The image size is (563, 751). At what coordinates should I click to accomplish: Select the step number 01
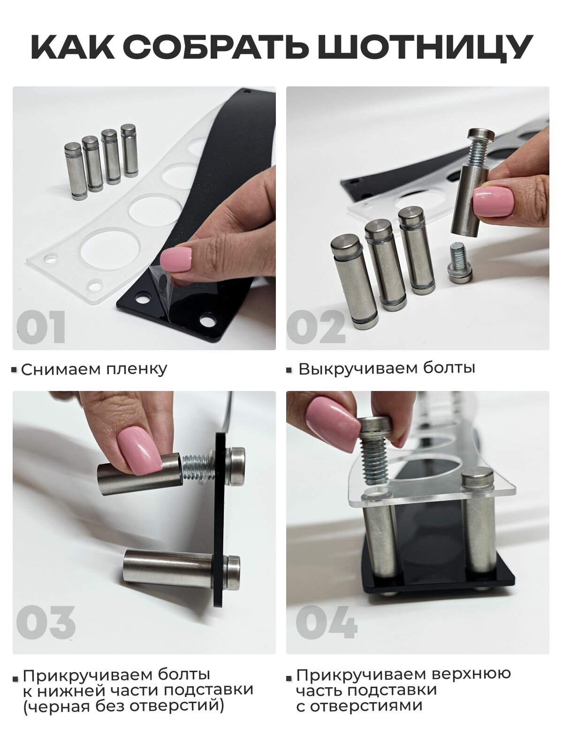41,327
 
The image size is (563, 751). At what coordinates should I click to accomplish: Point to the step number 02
316,327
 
